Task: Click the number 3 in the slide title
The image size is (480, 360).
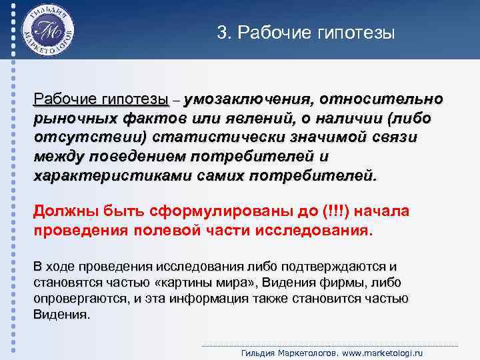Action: coord(221,33)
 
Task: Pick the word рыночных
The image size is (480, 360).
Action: coord(71,119)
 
